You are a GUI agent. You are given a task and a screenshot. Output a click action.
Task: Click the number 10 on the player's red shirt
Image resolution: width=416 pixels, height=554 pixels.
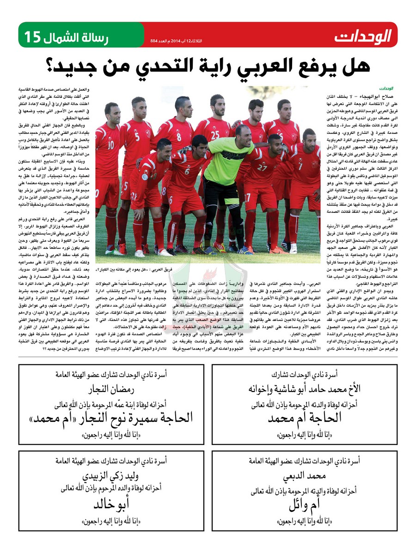(x=111, y=145)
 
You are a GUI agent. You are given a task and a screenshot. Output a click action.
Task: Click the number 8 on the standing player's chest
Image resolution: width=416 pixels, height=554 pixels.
(x=178, y=137)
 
